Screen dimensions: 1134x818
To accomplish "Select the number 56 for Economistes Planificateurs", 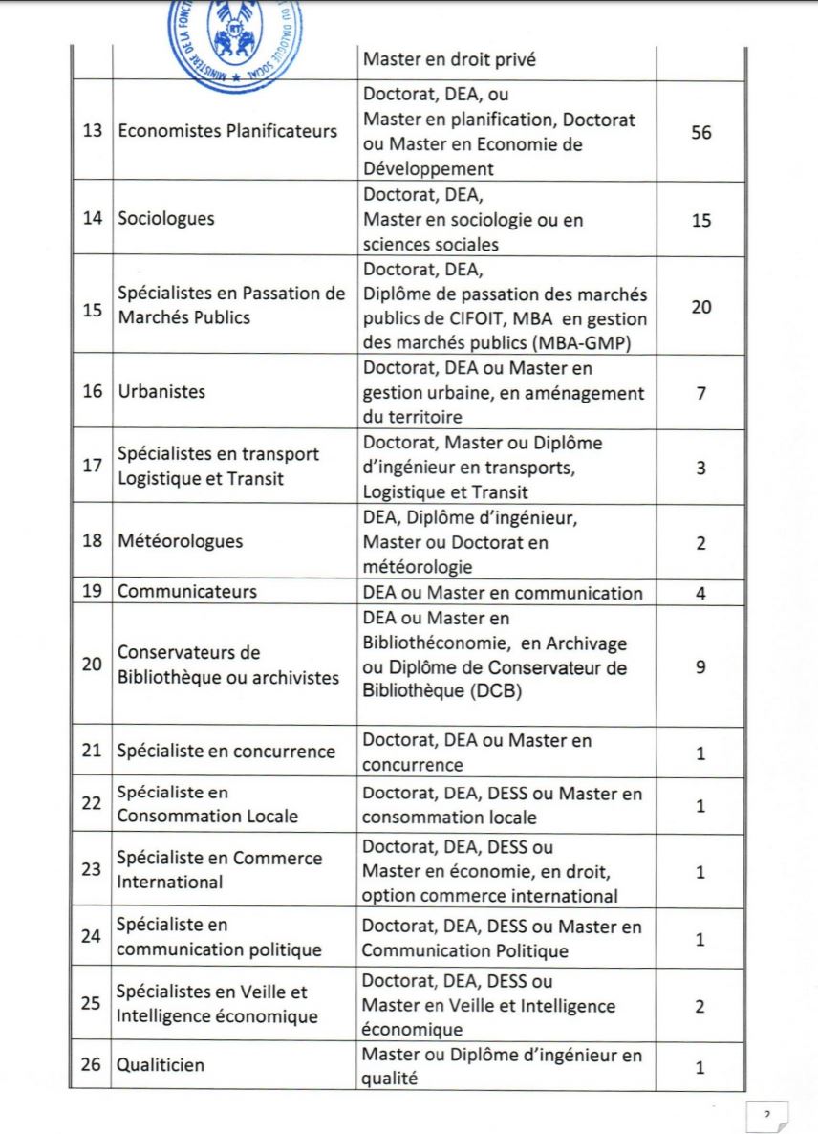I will tap(700, 133).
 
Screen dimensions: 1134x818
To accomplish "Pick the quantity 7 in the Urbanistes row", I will tap(700, 392).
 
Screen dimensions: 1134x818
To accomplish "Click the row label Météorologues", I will tap(180, 541).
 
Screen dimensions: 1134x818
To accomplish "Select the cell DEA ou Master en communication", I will tap(503, 593).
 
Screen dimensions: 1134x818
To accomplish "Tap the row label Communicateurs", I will tap(187, 592).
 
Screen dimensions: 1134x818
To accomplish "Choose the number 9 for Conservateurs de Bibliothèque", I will tap(700, 666).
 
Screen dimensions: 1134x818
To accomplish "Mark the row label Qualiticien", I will tap(161, 1065).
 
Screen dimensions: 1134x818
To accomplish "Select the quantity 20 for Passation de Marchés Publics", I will tap(700, 308).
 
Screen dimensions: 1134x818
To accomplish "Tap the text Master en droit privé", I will tap(449, 59).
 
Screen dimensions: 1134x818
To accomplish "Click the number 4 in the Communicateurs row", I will tap(700, 593).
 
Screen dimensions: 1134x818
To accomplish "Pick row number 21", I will tap(92, 752).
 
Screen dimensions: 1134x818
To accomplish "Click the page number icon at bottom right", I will tap(766, 1114).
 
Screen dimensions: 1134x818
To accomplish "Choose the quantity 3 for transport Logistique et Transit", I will tap(700, 469).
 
